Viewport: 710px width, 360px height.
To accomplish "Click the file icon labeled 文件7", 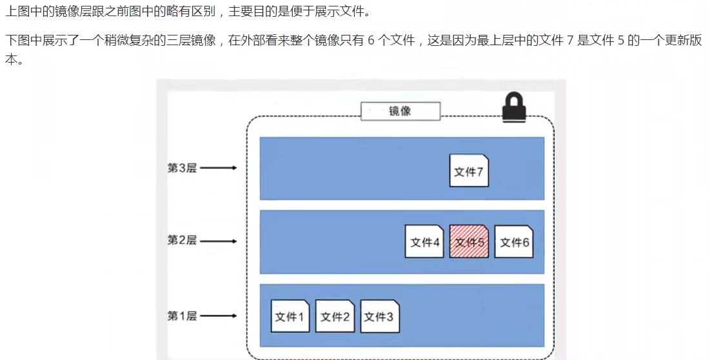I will pyautogui.click(x=469, y=171).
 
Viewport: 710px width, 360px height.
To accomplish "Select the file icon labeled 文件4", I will pyautogui.click(x=424, y=241).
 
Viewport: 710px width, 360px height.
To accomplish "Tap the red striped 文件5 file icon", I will pyautogui.click(x=469, y=241).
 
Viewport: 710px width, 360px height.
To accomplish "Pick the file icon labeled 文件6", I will pyautogui.click(x=514, y=241).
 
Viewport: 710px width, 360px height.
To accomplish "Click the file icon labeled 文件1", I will pyautogui.click(x=290, y=316).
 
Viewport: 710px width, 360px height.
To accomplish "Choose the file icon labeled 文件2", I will pyautogui.click(x=335, y=316).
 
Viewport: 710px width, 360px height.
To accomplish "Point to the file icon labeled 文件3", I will pyautogui.click(x=379, y=316).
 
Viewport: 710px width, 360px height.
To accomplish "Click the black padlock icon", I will pyautogui.click(x=514, y=106).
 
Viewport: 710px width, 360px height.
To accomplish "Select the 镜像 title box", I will pyautogui.click(x=400, y=111).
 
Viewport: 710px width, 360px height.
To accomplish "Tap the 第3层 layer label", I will pyautogui.click(x=182, y=168).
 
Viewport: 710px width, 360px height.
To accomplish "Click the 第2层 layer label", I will pyautogui.click(x=182, y=240).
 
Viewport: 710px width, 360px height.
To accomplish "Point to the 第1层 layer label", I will pyautogui.click(x=182, y=316).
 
